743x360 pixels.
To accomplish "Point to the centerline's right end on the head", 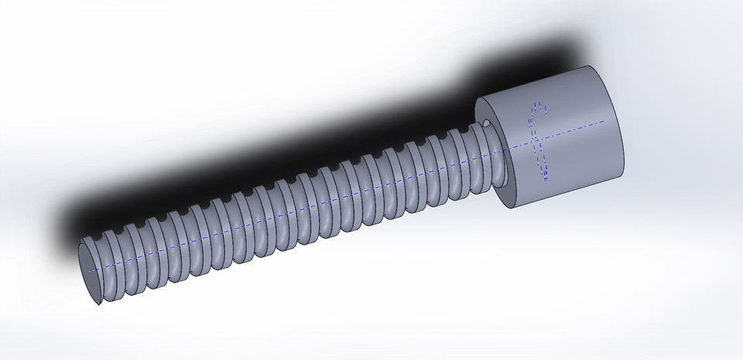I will coord(603,122).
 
